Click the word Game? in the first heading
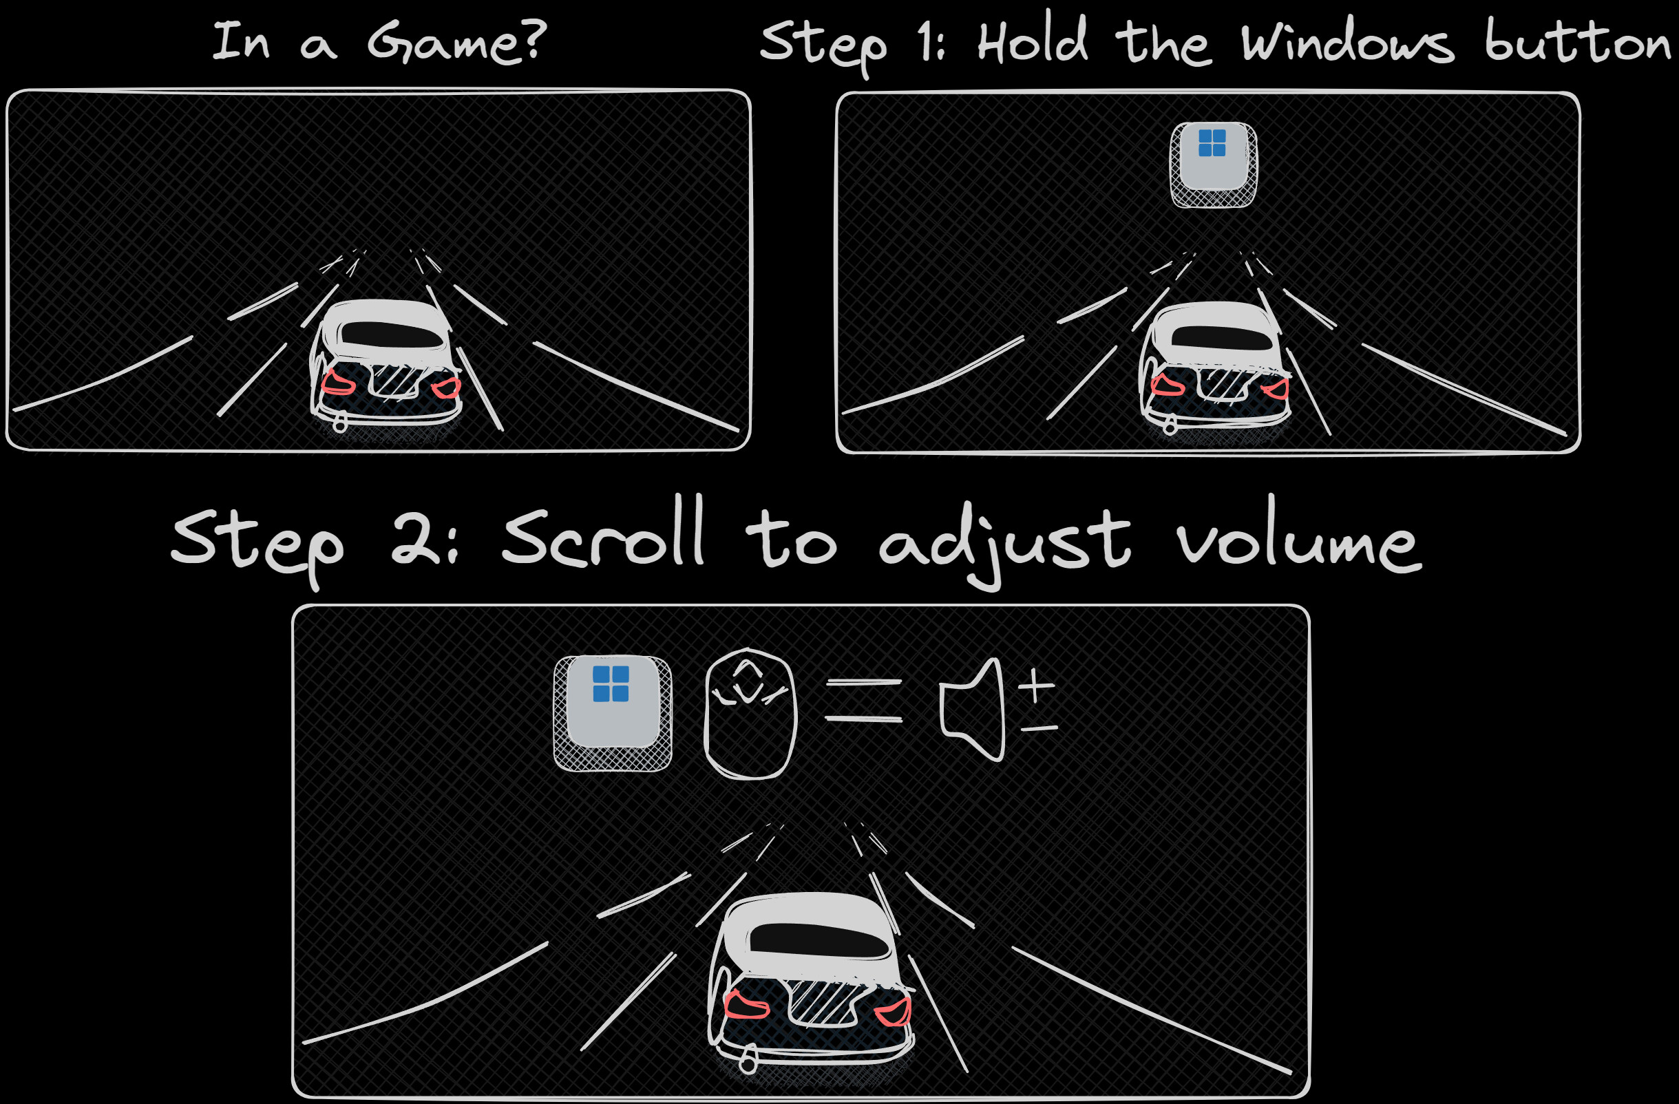456,41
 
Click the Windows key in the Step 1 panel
1214,165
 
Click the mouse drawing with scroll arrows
750,713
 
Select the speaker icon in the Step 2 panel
973,710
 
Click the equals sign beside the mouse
863,701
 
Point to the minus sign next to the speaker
1038,728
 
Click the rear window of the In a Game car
392,335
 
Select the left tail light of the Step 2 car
746,1004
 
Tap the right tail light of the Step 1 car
1275,388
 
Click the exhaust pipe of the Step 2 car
748,1062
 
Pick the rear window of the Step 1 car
1222,337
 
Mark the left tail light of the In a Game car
338,383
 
